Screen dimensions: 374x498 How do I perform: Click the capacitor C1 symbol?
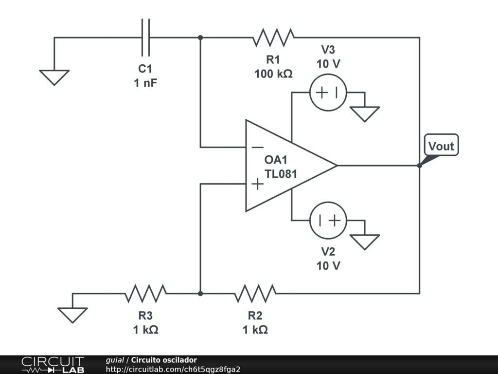point(145,37)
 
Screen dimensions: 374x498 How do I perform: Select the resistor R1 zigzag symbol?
point(274,37)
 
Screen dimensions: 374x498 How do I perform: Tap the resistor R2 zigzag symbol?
point(255,294)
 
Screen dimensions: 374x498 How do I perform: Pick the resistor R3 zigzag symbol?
point(145,294)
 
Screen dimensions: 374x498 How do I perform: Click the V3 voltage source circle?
point(328,93)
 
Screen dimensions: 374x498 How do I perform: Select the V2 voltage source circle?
point(328,221)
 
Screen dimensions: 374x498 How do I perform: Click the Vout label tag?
point(441,145)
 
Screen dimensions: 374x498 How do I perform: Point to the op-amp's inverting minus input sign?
point(258,147)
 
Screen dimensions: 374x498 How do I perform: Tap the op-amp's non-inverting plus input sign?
point(257,184)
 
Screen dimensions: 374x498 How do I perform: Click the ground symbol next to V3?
point(364,114)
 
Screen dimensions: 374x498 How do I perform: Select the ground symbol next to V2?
point(364,242)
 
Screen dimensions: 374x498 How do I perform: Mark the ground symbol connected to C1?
point(54,77)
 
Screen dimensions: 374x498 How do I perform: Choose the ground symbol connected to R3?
point(72,315)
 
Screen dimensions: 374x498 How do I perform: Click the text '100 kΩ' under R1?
point(273,74)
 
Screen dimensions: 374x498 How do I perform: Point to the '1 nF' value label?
point(145,83)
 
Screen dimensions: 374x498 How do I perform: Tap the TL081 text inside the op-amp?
point(281,174)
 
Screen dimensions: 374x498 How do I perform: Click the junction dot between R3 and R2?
point(200,294)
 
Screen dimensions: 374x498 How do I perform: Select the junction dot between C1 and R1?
point(200,37)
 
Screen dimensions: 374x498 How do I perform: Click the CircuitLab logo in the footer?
point(53,365)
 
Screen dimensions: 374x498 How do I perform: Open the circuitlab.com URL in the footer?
point(173,370)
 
